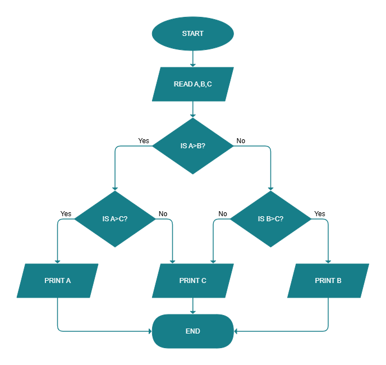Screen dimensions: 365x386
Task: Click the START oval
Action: pyautogui.click(x=192, y=34)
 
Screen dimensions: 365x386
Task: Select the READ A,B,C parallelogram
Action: pyautogui.click(x=192, y=84)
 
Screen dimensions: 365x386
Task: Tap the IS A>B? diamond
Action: pyautogui.click(x=192, y=146)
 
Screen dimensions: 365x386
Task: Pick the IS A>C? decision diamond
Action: pyautogui.click(x=114, y=219)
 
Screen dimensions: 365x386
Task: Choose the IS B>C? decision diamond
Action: pyautogui.click(x=270, y=219)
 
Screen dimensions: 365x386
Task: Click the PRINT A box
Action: pyautogui.click(x=57, y=280)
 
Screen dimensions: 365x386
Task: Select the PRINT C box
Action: pyautogui.click(x=192, y=280)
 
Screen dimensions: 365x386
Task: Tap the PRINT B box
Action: pyautogui.click(x=328, y=280)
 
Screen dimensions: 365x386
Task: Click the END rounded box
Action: pyautogui.click(x=192, y=331)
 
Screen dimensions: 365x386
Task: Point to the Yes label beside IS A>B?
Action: pyautogui.click(x=144, y=141)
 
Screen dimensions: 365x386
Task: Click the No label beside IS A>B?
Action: pyautogui.click(x=241, y=141)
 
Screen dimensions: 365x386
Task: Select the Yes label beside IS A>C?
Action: pyautogui.click(x=66, y=214)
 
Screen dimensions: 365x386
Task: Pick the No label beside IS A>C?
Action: pyautogui.click(x=163, y=214)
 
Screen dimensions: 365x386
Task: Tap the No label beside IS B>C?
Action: pyautogui.click(x=223, y=214)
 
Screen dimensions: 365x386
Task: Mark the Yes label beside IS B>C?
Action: pyautogui.click(x=319, y=214)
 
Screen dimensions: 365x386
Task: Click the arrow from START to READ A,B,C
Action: pyautogui.click(x=192, y=58)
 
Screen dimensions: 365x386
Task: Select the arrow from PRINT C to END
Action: pyautogui.click(x=192, y=305)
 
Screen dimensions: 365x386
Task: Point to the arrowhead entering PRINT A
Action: pyautogui.click(x=57, y=261)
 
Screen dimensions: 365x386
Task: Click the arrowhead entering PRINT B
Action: pyautogui.click(x=328, y=261)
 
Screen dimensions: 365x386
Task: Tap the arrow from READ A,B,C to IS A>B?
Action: pyautogui.click(x=192, y=109)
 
